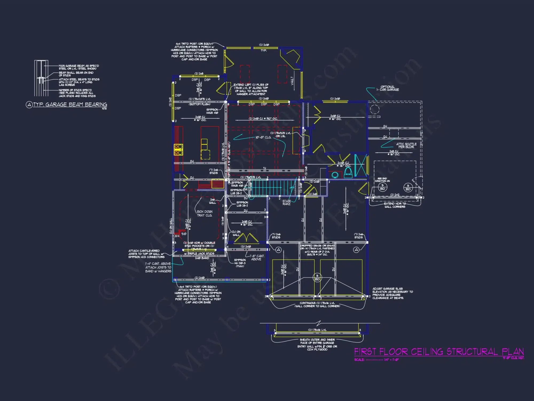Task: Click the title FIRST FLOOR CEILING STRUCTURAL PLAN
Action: (439, 352)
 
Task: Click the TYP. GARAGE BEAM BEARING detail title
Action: (70, 105)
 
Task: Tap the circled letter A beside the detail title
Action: (29, 105)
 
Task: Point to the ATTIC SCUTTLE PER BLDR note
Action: (406, 145)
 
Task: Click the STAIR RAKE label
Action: (286, 202)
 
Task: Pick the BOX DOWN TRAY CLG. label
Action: (205, 213)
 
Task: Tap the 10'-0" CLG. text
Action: (263, 137)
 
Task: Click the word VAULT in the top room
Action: (292, 80)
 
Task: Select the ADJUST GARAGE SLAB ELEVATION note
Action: (392, 293)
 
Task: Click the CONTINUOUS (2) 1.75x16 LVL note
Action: (317, 304)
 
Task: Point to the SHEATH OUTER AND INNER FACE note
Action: (317, 344)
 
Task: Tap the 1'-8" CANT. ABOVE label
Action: (257, 257)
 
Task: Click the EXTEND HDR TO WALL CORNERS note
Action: (395, 205)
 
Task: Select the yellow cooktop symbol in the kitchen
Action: (178, 149)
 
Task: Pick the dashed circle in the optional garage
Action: (375, 109)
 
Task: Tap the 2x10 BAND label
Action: (202, 258)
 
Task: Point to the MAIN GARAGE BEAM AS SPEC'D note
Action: (79, 67)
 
